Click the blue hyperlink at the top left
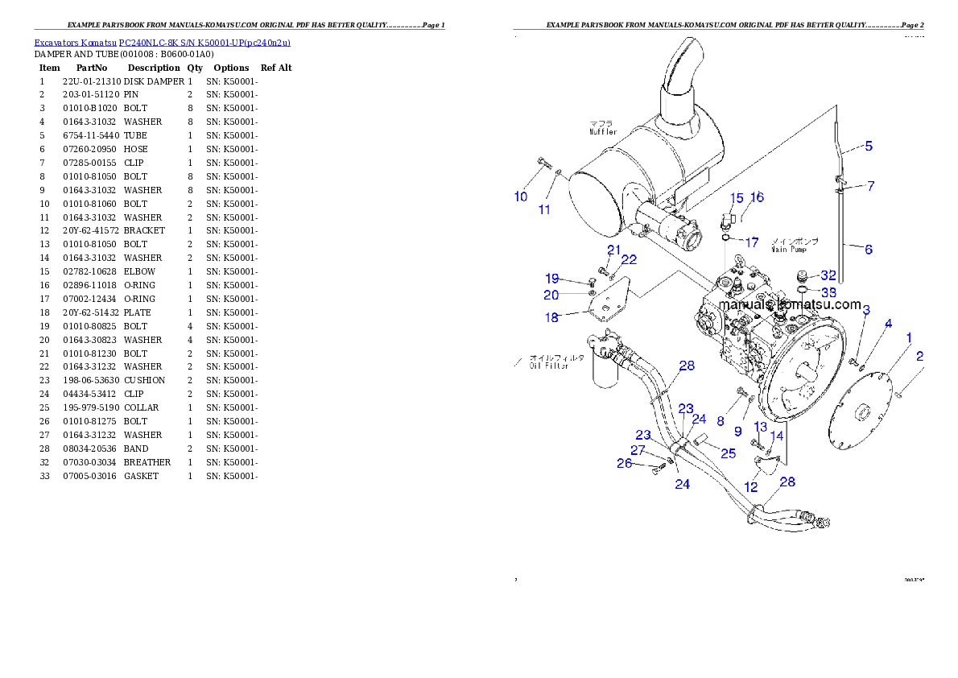[162, 42]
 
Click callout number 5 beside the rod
[869, 147]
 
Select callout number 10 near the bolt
[521, 196]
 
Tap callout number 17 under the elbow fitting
[751, 242]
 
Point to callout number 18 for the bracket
[551, 318]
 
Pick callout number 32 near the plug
[828, 276]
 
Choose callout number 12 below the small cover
[750, 487]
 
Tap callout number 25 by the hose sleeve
[728, 453]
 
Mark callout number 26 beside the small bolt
[625, 463]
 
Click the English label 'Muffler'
[602, 131]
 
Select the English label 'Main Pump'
[789, 249]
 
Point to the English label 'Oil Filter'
[549, 366]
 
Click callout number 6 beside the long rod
[869, 250]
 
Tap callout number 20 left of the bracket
[551, 296]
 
